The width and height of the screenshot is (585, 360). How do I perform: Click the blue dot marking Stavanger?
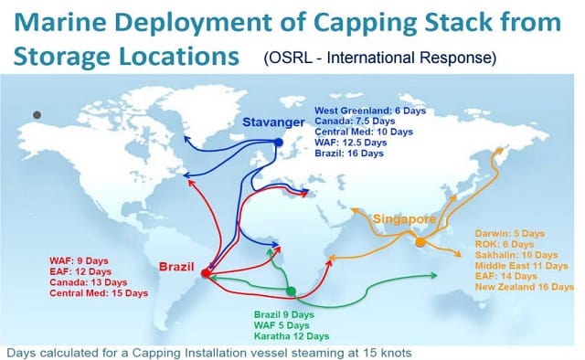click(279, 143)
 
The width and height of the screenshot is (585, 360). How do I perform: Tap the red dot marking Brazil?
click(206, 273)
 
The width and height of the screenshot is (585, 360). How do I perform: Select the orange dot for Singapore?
click(420, 242)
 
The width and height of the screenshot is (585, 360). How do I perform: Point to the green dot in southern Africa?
click(291, 291)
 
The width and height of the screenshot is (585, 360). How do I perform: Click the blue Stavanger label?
click(273, 122)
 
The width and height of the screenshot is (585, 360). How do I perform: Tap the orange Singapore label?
click(404, 219)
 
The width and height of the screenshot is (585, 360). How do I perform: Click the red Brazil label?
click(176, 267)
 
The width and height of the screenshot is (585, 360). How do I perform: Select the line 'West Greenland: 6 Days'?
click(370, 111)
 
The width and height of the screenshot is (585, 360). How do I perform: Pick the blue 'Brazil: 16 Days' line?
click(349, 154)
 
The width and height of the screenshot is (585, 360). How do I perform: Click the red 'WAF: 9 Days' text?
click(79, 260)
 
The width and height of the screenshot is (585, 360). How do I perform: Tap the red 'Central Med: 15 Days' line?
click(99, 293)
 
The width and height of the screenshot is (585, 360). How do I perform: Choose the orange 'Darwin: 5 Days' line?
click(510, 234)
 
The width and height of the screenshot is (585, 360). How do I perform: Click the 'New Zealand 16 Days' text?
click(524, 287)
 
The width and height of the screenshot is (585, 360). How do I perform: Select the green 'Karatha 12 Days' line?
click(292, 336)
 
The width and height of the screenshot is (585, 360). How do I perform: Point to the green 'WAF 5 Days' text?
click(282, 325)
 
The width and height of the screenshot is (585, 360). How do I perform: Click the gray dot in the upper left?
click(37, 115)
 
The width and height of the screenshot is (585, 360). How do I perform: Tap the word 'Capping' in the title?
click(367, 23)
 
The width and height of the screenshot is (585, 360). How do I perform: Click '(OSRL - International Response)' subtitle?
click(380, 58)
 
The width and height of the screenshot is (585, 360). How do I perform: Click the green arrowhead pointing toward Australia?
click(434, 275)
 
